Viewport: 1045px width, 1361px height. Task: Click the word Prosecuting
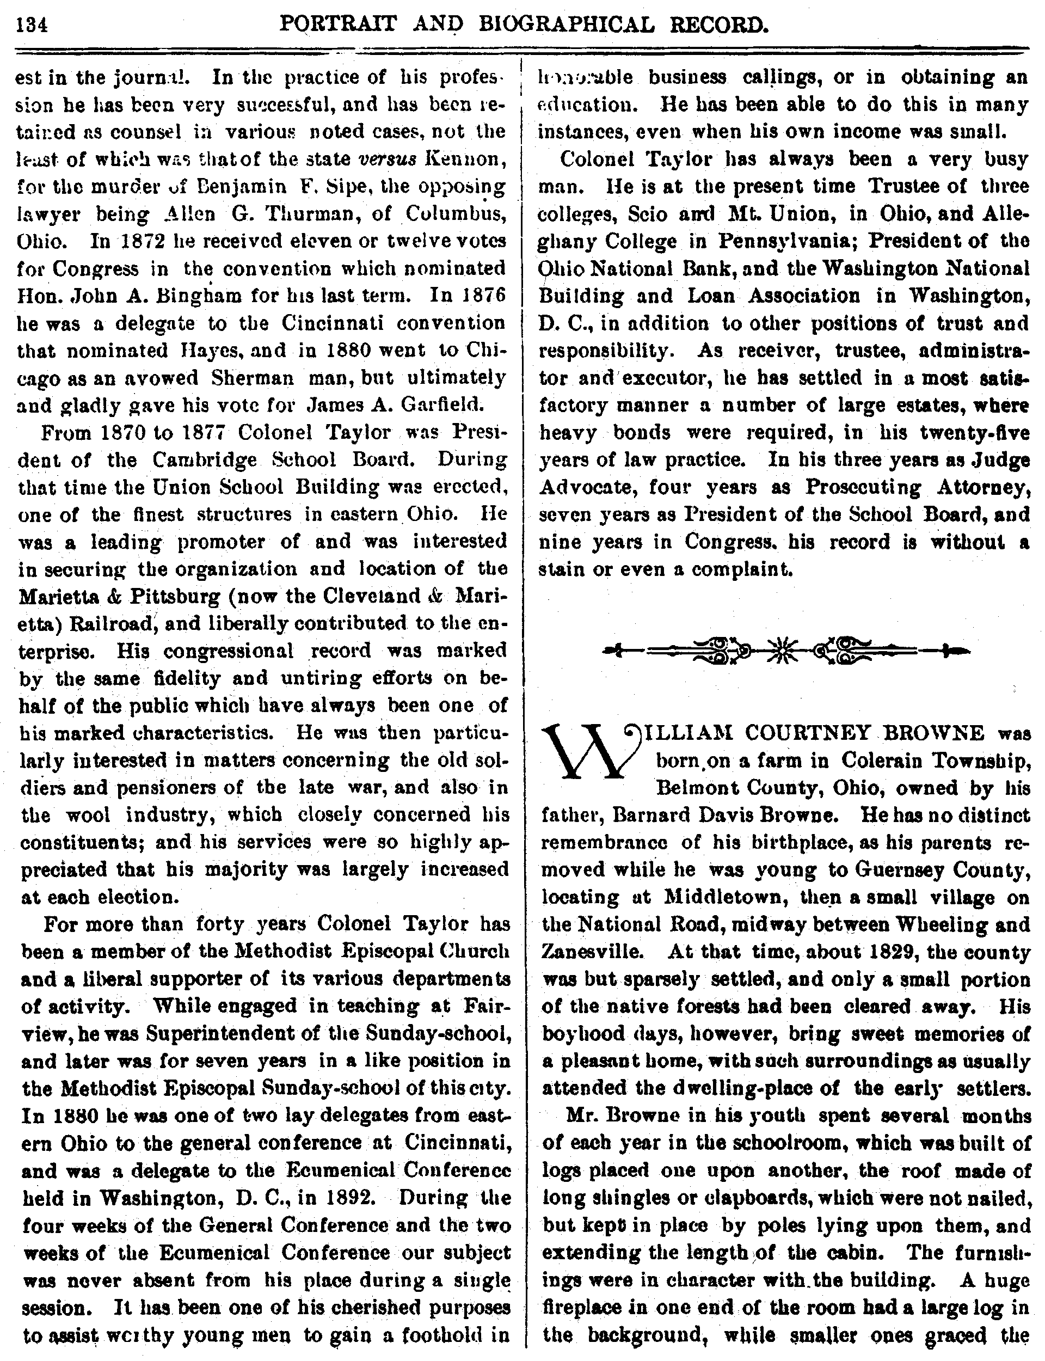tap(863, 487)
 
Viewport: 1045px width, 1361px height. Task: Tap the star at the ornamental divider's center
tap(785, 651)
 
